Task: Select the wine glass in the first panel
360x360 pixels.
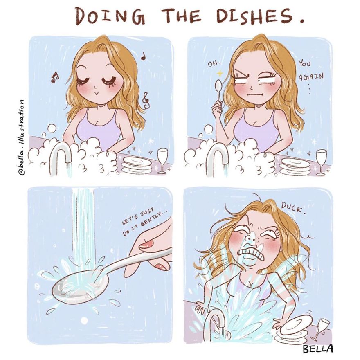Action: tap(162, 160)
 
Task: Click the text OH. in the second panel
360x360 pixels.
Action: tap(214, 64)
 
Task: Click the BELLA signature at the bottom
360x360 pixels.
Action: tap(319, 349)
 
